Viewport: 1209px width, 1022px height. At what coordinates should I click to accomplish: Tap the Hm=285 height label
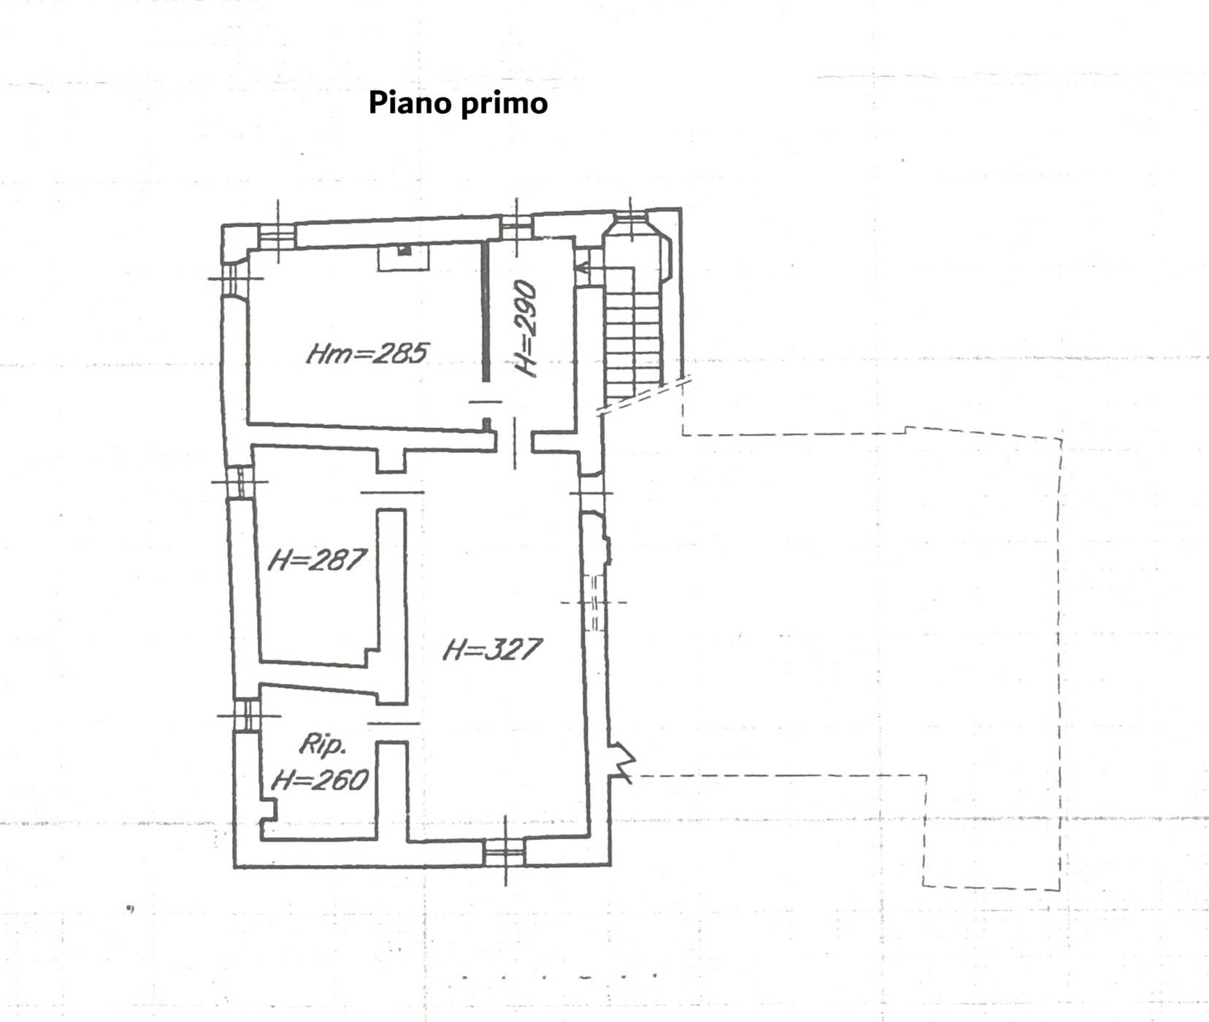[x=366, y=354]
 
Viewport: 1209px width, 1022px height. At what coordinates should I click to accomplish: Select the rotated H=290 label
[x=527, y=329]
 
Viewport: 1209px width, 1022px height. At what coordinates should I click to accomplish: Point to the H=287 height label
[x=316, y=561]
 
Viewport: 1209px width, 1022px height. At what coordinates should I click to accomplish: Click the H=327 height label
[x=492, y=649]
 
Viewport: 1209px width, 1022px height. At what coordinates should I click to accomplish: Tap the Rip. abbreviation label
[x=322, y=745]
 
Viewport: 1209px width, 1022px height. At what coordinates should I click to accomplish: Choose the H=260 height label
[x=320, y=781]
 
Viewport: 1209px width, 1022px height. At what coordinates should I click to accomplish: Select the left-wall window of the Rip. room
[x=248, y=714]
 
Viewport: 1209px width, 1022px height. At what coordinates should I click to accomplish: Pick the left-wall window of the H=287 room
[x=239, y=482]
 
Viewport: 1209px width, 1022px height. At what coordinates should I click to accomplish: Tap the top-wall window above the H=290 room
[x=516, y=227]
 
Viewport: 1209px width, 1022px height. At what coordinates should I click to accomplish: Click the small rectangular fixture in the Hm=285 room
[x=404, y=256]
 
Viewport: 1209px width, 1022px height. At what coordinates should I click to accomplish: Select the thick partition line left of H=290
[x=485, y=310]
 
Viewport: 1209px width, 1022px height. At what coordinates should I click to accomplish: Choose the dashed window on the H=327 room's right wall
[x=594, y=603]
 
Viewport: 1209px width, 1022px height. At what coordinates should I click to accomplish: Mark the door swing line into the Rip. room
[x=394, y=722]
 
